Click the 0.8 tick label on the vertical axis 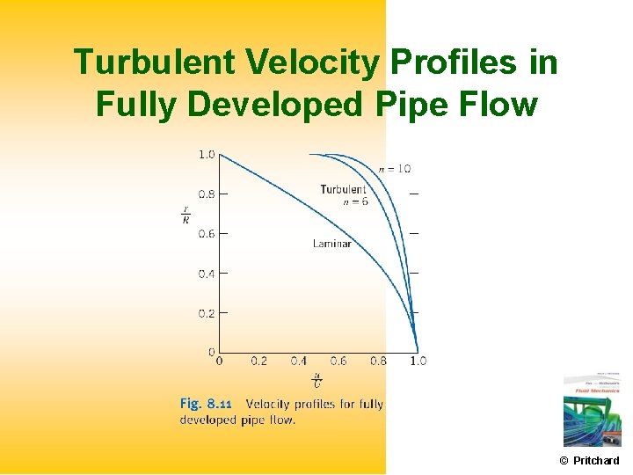(x=206, y=194)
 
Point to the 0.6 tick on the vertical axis (x=206, y=233)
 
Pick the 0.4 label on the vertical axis (x=206, y=274)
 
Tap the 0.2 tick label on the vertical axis (x=206, y=313)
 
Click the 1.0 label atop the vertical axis (x=206, y=154)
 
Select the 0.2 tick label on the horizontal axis (x=258, y=361)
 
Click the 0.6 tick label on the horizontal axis (x=338, y=361)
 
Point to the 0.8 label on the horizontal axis (x=378, y=361)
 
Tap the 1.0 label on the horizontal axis (x=418, y=361)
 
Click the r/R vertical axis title (x=186, y=215)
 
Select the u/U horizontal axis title (x=317, y=380)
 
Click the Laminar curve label (x=331, y=244)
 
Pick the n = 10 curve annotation (x=394, y=168)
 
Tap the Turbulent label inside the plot (x=343, y=189)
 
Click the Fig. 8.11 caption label (x=206, y=404)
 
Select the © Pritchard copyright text (x=589, y=460)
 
